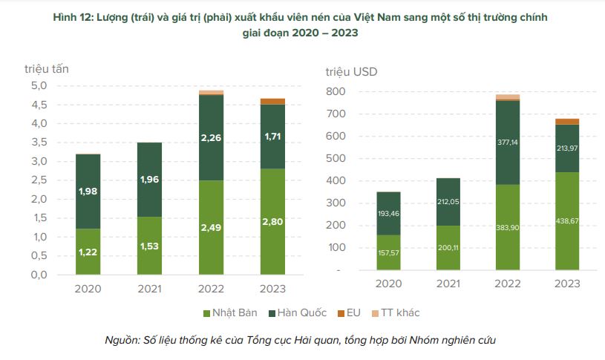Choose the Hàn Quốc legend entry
[303, 312]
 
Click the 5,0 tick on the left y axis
[39, 85]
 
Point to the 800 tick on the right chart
[334, 91]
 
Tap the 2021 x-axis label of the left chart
[150, 289]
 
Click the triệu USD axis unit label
[351, 72]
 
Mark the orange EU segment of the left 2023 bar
[272, 102]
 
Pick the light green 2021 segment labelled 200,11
[448, 247]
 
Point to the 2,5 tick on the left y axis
[39, 180]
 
